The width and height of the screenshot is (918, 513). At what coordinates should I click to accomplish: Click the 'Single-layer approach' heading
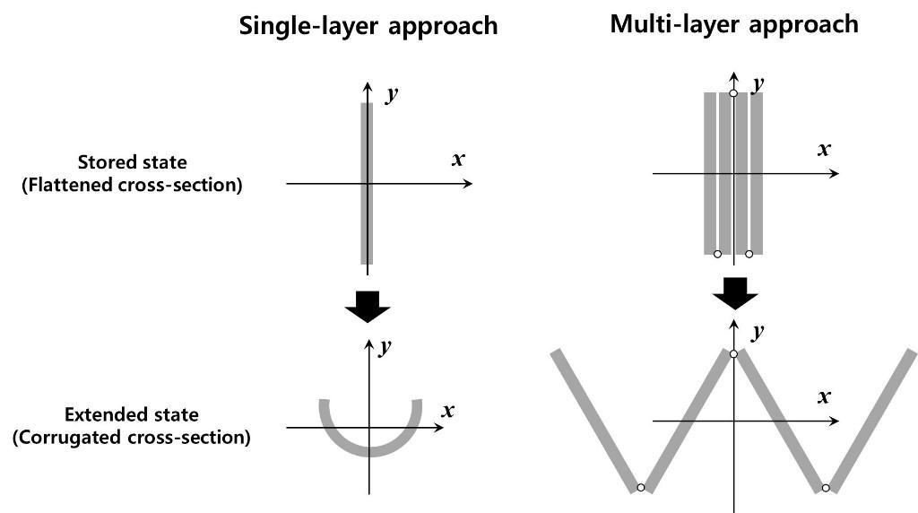pyautogui.click(x=368, y=25)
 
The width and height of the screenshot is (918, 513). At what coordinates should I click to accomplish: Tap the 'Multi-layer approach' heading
pyautogui.click(x=733, y=24)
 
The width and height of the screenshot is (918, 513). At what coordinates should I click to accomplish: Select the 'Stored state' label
pyautogui.click(x=133, y=163)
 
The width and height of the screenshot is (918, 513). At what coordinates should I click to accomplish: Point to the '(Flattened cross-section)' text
pyautogui.click(x=133, y=187)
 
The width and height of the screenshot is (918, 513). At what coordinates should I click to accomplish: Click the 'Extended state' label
pyautogui.click(x=132, y=415)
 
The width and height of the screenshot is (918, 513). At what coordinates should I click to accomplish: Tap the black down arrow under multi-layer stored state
pyautogui.click(x=734, y=291)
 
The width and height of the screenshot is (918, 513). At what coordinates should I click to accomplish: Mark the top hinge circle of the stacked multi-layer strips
pyautogui.click(x=733, y=93)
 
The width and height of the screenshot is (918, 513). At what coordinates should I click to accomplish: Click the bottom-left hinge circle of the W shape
pyautogui.click(x=640, y=488)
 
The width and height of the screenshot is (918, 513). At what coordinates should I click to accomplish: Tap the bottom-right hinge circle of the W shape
pyautogui.click(x=825, y=488)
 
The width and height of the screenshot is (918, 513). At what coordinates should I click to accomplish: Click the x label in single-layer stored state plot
pyautogui.click(x=458, y=160)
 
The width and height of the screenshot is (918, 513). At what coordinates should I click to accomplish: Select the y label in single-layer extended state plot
pyautogui.click(x=385, y=348)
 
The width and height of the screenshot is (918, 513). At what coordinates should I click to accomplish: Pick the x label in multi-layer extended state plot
pyautogui.click(x=824, y=396)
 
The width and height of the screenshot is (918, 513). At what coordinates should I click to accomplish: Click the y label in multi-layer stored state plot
pyautogui.click(x=758, y=84)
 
